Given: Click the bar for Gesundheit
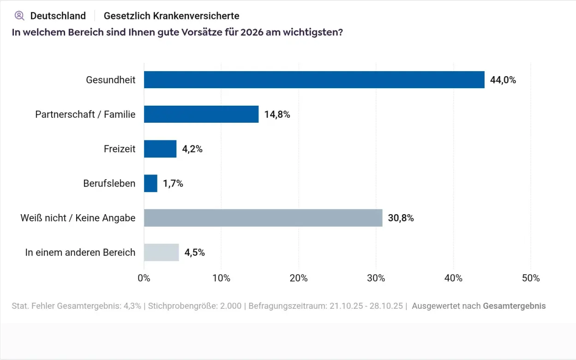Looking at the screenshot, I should click(314, 80).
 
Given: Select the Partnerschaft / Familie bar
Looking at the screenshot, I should click(201, 114).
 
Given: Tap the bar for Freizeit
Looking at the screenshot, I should click(160, 149).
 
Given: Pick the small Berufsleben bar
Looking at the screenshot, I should click(150, 183).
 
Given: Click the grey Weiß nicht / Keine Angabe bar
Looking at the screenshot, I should click(263, 218).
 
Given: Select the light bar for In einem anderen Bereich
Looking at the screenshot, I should click(161, 252).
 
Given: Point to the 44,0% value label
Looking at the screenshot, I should click(503, 80).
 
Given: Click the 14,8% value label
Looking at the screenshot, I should click(277, 114).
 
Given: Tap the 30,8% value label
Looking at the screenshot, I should click(401, 218).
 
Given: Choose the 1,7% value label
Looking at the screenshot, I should click(173, 183).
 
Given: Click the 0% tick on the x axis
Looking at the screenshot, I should click(144, 278).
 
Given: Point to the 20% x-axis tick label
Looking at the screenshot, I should click(299, 278).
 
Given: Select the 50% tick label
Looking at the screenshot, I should click(530, 278).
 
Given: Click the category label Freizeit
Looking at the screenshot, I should click(120, 149).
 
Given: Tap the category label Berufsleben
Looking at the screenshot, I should click(109, 183).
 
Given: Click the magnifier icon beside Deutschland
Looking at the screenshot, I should click(19, 16).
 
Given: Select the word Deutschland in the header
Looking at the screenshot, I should click(58, 16).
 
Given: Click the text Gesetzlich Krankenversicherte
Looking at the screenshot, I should click(171, 16).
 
